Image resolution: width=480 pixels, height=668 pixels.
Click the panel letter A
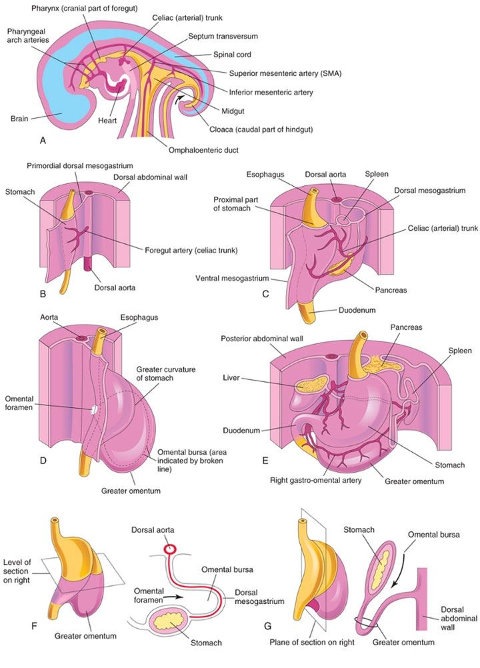coord(43,141)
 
